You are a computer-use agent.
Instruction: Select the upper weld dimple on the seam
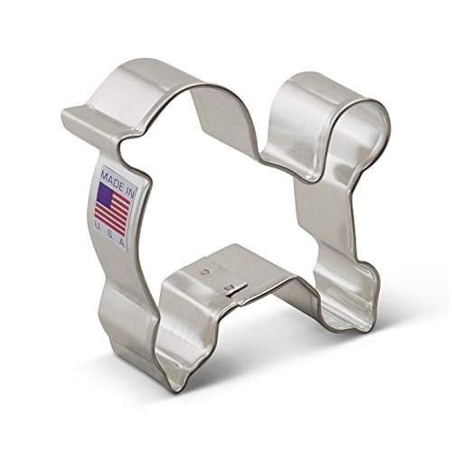[x=209, y=268]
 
